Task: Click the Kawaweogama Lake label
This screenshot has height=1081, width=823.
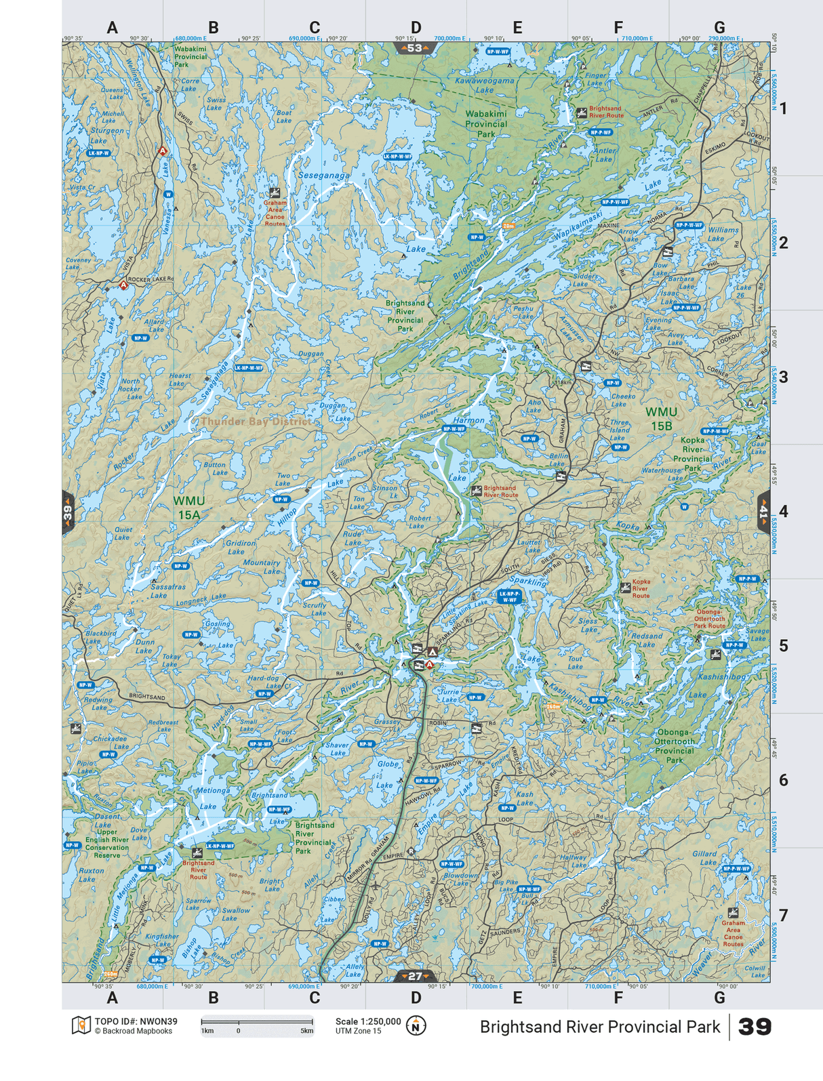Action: (484, 85)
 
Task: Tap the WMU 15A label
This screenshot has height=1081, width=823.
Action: (188, 508)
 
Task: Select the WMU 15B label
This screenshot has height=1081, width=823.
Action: (661, 418)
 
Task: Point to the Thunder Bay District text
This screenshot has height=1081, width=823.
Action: (256, 422)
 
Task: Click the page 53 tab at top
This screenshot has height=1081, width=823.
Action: (415, 48)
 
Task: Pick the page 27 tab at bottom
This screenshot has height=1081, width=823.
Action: (415, 976)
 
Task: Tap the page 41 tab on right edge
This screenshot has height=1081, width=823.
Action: (764, 511)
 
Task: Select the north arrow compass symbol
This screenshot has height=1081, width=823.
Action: (416, 1025)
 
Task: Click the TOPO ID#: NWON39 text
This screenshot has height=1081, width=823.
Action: (136, 1021)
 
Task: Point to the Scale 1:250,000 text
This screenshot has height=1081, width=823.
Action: (367, 1021)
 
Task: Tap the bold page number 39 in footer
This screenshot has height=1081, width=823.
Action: (755, 1027)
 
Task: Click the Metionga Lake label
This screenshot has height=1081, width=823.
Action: (212, 798)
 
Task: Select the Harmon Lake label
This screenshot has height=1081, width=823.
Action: (468, 420)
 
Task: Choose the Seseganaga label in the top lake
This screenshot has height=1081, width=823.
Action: (324, 176)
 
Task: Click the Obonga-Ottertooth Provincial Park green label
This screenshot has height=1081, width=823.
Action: (674, 746)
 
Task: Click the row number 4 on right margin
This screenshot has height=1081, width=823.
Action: (783, 511)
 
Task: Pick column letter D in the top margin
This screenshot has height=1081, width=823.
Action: (416, 28)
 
